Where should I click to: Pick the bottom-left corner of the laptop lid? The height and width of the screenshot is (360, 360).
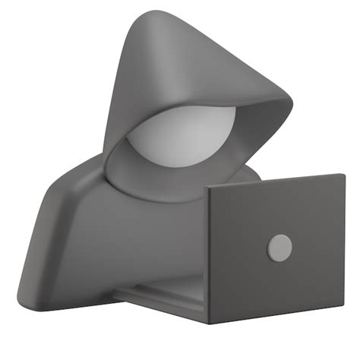point(210,322)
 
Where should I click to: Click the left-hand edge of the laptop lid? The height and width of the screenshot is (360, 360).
point(209,255)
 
